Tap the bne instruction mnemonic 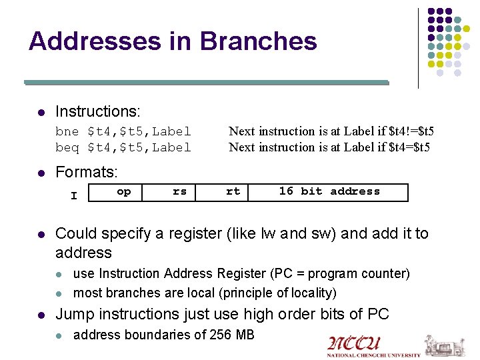67,131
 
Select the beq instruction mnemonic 67,147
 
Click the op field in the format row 124,191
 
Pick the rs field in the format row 179,191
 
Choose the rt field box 233,191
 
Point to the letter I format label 74,196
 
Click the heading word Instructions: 97,111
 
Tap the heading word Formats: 87,172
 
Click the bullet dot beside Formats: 41,173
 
